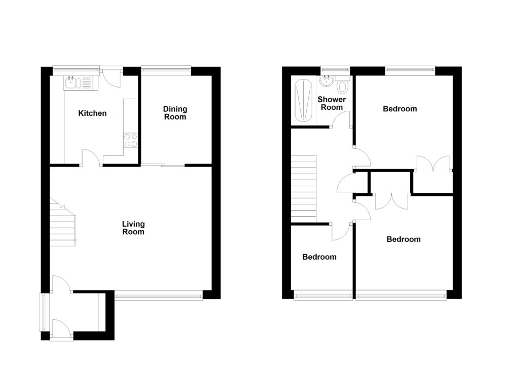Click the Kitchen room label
[x=92, y=113]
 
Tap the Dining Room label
[x=175, y=113]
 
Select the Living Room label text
[x=133, y=228]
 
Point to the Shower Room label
[x=332, y=103]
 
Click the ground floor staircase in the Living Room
[x=63, y=223]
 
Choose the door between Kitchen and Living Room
[x=90, y=157]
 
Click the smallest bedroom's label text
[x=319, y=257]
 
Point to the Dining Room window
[x=166, y=68]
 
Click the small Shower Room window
[x=335, y=68]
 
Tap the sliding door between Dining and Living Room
[x=163, y=165]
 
